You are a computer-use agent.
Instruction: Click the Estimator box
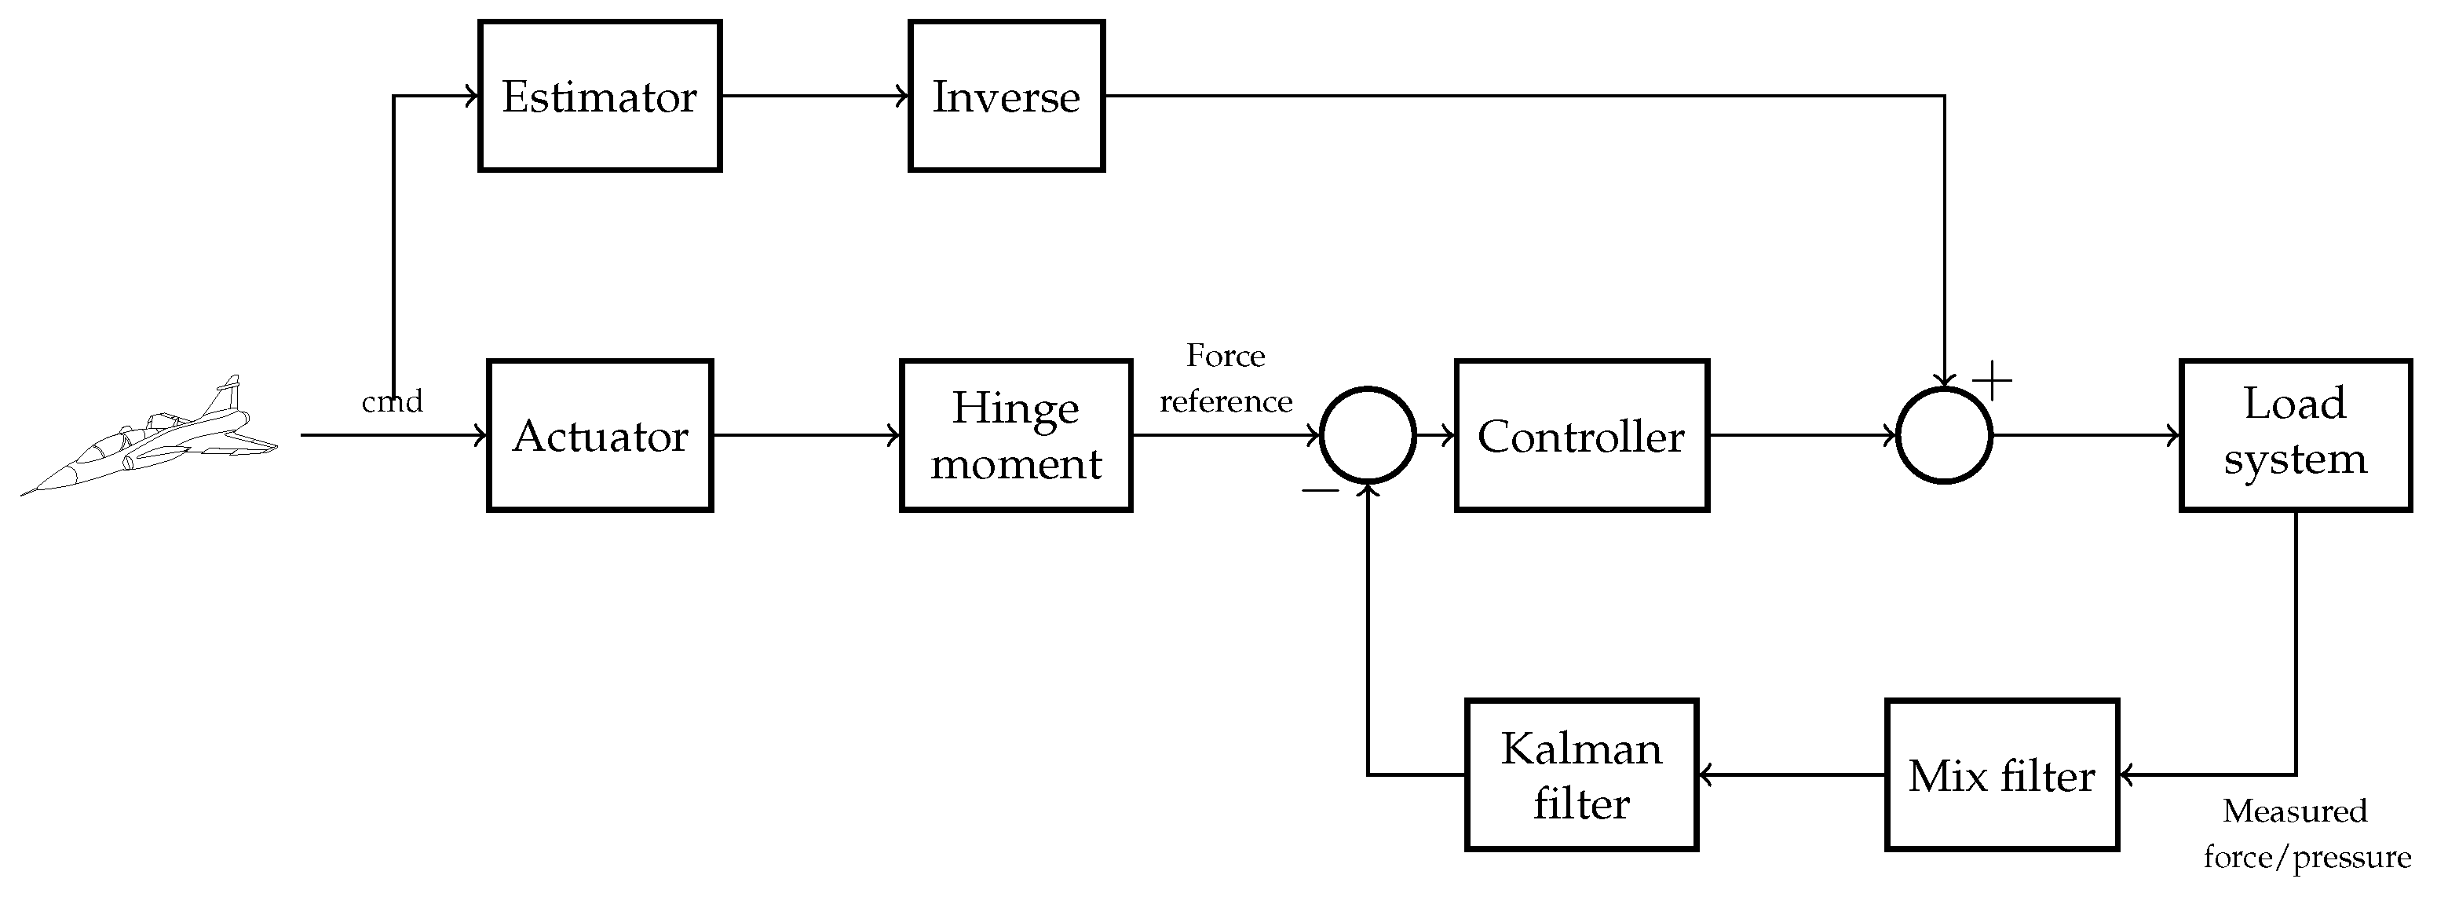click(x=600, y=96)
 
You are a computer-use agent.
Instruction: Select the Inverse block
click(x=1007, y=96)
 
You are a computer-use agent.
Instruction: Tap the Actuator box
click(x=600, y=435)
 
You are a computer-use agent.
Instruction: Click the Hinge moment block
click(x=1016, y=435)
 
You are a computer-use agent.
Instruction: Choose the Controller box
click(x=1582, y=435)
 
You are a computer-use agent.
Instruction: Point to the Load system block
click(x=2296, y=435)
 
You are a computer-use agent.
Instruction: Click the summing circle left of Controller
click(x=1367, y=435)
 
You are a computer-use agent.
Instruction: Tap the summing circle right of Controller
click(x=1944, y=435)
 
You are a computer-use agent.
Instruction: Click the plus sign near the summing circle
click(x=1993, y=380)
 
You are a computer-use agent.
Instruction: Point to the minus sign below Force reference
click(x=1320, y=490)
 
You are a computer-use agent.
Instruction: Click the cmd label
click(x=392, y=402)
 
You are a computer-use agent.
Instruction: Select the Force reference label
click(x=1226, y=379)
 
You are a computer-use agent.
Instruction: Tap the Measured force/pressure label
click(x=2307, y=833)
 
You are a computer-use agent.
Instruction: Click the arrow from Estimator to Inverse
click(x=814, y=96)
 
